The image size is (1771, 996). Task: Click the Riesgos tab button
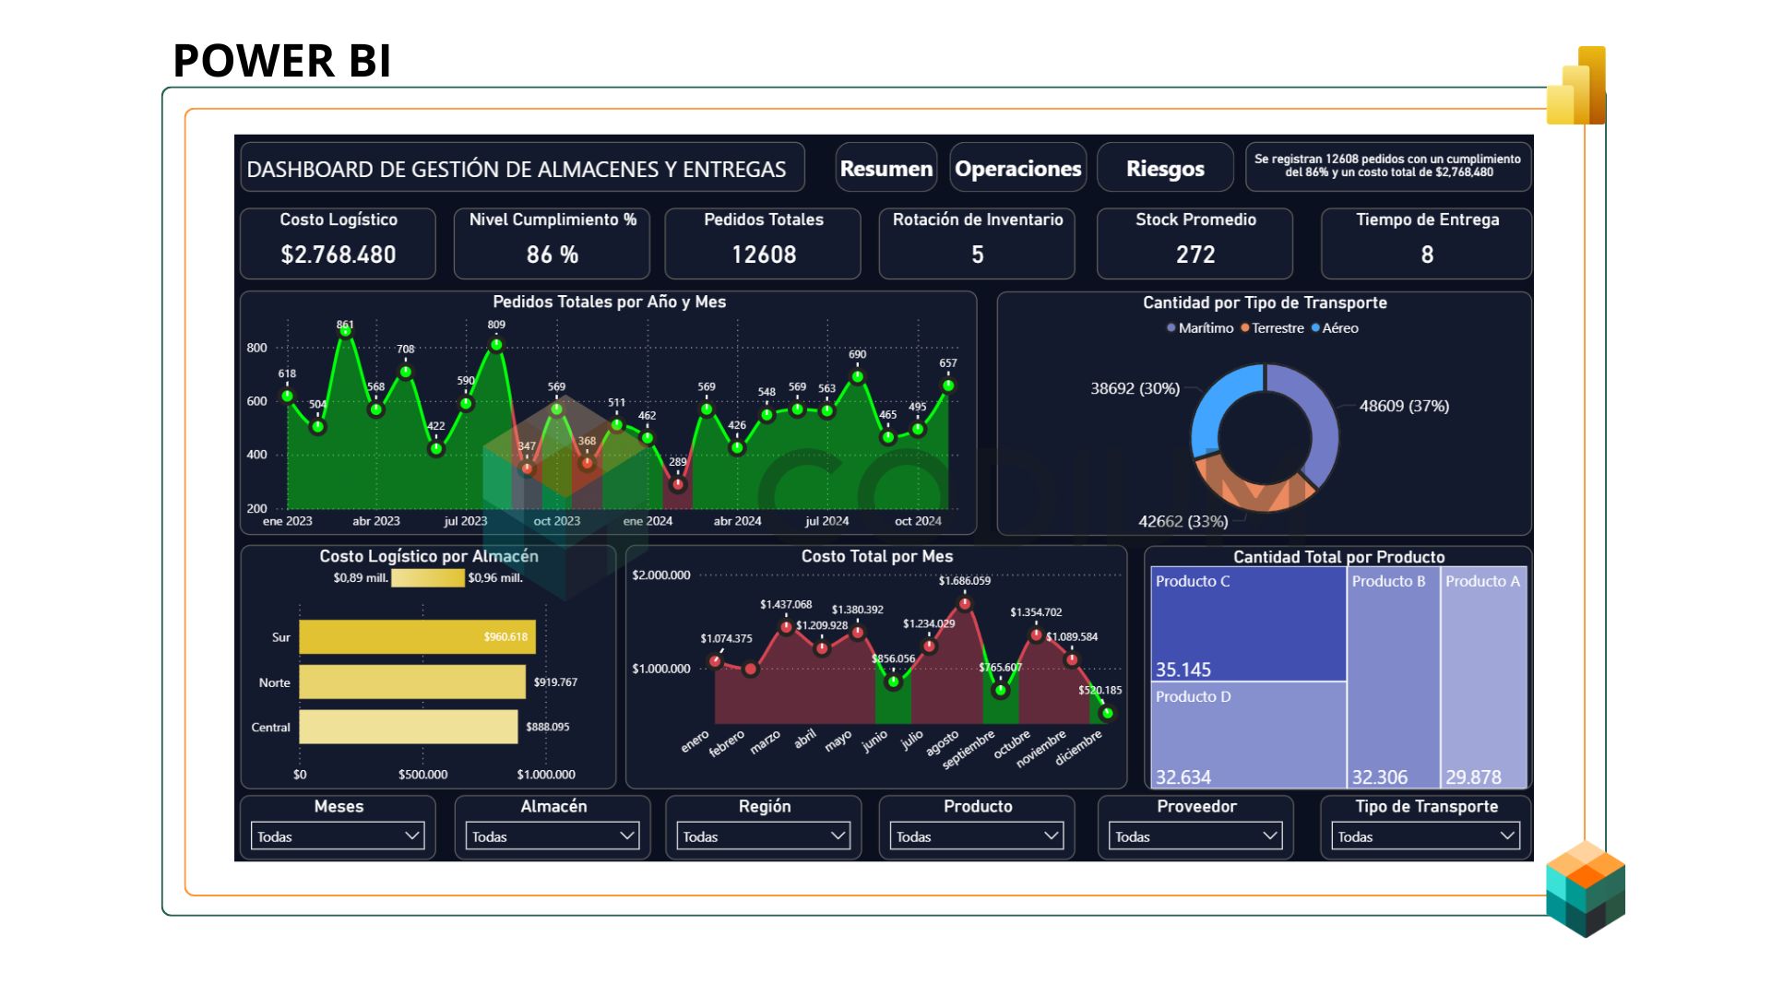coord(1165,169)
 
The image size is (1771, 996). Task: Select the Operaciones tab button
coord(1017,169)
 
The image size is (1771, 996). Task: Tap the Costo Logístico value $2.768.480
coord(338,255)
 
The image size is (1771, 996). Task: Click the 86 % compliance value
coord(552,255)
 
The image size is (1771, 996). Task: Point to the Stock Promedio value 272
coord(1195,255)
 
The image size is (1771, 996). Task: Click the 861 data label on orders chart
coord(345,325)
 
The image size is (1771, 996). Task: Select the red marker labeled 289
coord(678,483)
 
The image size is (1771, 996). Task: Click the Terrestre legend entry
coord(1277,328)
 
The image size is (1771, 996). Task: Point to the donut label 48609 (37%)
coord(1403,406)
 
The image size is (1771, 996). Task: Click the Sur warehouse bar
coord(417,637)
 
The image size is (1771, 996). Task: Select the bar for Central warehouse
coord(408,727)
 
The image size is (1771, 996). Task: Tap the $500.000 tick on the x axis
coord(422,775)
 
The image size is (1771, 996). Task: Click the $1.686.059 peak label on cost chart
coord(964,581)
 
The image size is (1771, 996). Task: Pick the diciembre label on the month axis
coord(1078,748)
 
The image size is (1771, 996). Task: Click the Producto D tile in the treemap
coord(1247,733)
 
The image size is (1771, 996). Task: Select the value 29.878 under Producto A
coord(1473,777)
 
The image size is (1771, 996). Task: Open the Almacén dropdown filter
coord(552,836)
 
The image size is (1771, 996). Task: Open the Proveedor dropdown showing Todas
coord(1195,836)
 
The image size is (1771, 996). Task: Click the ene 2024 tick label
coord(648,521)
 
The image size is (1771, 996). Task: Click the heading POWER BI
coord(282,61)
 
